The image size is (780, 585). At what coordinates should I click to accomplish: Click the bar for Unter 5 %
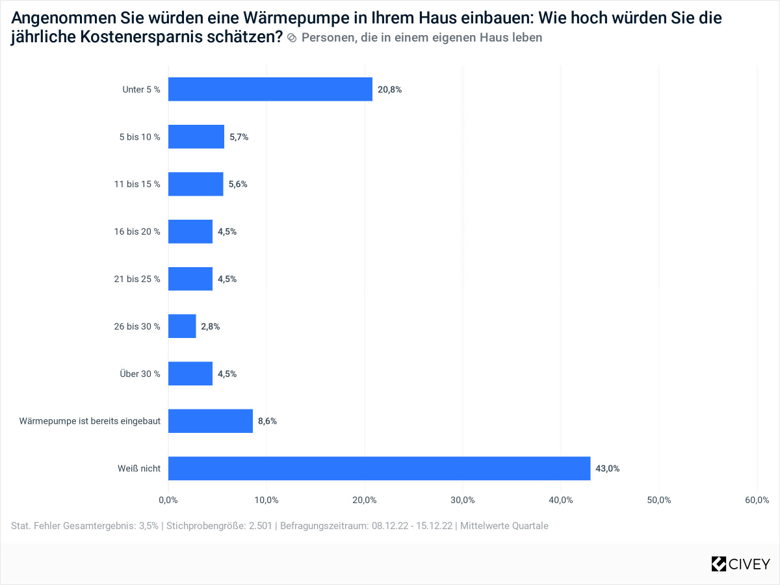click(x=270, y=89)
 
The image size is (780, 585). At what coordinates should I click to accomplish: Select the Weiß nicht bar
click(x=379, y=468)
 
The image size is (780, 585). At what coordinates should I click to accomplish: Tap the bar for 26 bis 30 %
click(x=182, y=326)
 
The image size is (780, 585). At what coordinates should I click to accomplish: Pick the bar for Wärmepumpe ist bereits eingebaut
click(x=211, y=421)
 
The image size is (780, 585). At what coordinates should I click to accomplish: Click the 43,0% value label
click(x=607, y=468)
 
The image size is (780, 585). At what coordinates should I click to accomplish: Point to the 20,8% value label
click(x=389, y=90)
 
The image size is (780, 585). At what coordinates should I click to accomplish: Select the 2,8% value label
click(x=210, y=326)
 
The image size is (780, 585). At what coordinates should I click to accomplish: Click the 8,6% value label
click(x=267, y=421)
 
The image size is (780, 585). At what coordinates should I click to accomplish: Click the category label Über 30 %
click(x=140, y=374)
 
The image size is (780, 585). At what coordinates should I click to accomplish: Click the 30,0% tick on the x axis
click(x=463, y=500)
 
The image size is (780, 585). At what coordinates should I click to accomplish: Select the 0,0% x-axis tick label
click(x=168, y=500)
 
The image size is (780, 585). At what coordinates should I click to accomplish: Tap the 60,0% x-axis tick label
click(x=757, y=500)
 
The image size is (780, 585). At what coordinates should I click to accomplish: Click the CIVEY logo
click(x=740, y=564)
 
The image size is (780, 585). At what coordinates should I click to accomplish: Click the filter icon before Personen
click(x=292, y=38)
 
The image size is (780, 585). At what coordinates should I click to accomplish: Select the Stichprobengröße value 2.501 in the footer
click(x=263, y=526)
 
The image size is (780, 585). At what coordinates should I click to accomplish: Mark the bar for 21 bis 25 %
click(x=190, y=279)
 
